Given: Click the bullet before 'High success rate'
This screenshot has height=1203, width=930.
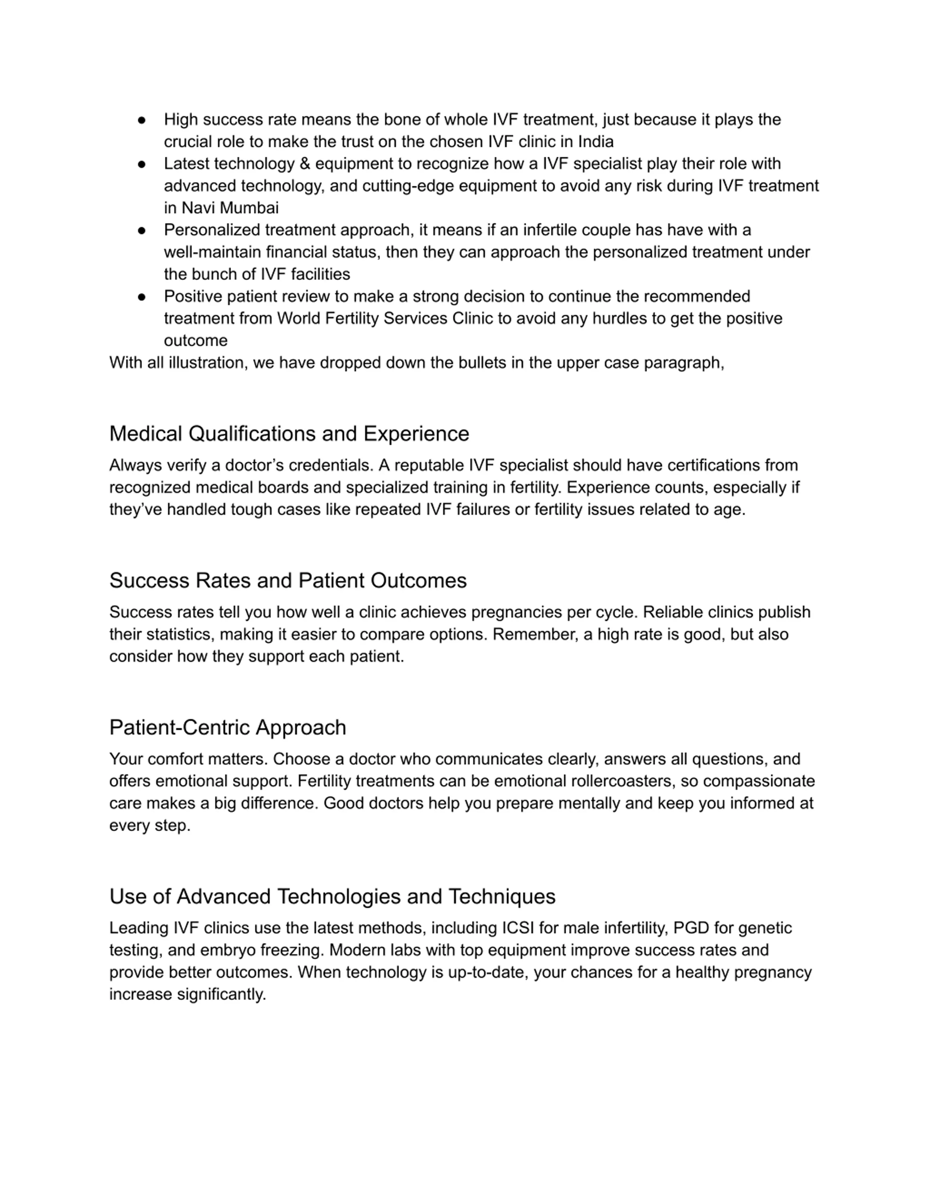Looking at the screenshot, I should click(142, 120).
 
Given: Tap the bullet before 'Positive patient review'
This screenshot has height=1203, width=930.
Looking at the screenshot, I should click(142, 297).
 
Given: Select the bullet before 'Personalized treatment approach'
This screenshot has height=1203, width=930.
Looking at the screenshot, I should click(142, 230).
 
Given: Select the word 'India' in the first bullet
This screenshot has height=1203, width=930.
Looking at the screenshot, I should click(595, 142).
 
